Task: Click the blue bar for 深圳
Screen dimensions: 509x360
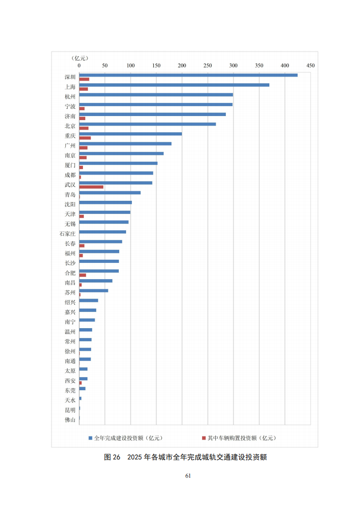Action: pos(188,75)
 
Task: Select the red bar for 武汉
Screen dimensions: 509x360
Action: pos(91,187)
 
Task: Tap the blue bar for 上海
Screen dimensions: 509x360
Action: pos(174,85)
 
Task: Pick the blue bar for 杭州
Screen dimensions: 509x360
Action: pos(156,95)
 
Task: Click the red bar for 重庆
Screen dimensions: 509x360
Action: pos(85,138)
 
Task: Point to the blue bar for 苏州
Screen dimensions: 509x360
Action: pos(93,291)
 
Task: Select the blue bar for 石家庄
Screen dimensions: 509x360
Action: pos(102,232)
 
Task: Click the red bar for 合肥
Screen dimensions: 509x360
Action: pos(83,275)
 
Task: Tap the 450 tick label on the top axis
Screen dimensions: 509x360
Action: pos(310,66)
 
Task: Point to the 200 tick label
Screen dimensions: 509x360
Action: pos(182,66)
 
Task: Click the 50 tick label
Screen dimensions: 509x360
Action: pos(105,66)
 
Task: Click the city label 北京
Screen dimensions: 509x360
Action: pos(70,126)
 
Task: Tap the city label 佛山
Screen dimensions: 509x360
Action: pos(70,420)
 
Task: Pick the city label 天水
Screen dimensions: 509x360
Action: pos(70,400)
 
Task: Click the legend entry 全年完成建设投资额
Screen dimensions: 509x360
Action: pos(125,438)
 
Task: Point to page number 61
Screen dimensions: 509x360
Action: pos(188,475)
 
